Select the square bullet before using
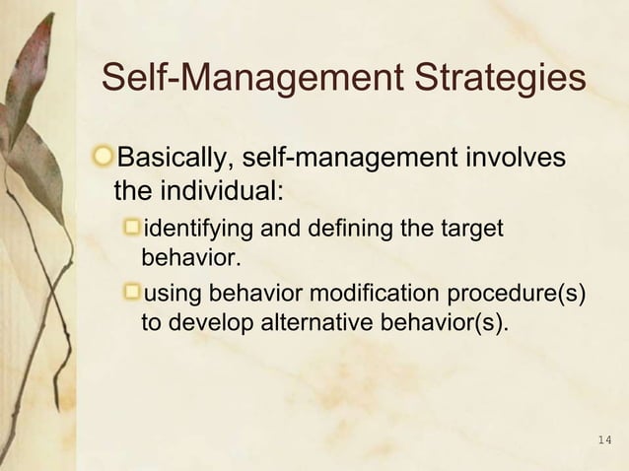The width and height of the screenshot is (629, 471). [x=132, y=293]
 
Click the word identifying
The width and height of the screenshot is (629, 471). [x=199, y=231]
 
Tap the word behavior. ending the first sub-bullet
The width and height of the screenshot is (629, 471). [x=190, y=261]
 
